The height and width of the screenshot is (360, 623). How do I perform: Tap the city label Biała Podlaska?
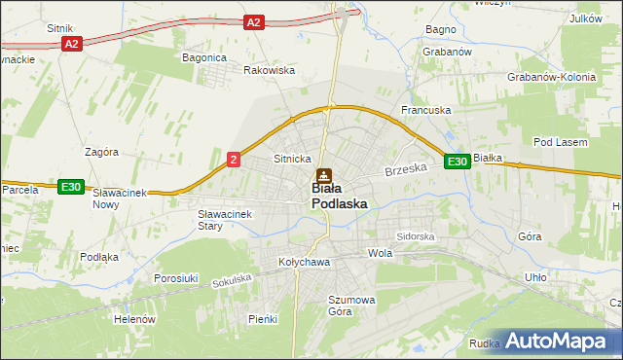(x=339, y=196)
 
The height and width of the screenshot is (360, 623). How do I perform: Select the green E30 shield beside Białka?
(x=458, y=162)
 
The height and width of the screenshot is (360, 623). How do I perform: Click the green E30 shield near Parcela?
(x=70, y=187)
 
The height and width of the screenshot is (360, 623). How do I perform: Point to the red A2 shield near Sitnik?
(x=71, y=45)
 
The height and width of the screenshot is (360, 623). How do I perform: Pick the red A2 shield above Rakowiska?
(x=253, y=21)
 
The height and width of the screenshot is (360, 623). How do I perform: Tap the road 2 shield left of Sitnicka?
(x=234, y=159)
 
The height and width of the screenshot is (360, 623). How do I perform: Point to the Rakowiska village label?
(x=269, y=70)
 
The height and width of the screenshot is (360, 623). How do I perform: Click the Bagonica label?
(x=204, y=57)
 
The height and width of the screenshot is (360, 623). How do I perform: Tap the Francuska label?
(x=425, y=111)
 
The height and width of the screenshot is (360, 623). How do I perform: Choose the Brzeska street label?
(x=406, y=169)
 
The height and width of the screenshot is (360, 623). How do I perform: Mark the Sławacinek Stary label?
(x=224, y=220)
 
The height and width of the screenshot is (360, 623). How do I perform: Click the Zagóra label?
(x=101, y=152)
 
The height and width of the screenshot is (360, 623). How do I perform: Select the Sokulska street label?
(x=232, y=279)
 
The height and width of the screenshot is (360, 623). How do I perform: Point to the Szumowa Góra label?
(x=351, y=306)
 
